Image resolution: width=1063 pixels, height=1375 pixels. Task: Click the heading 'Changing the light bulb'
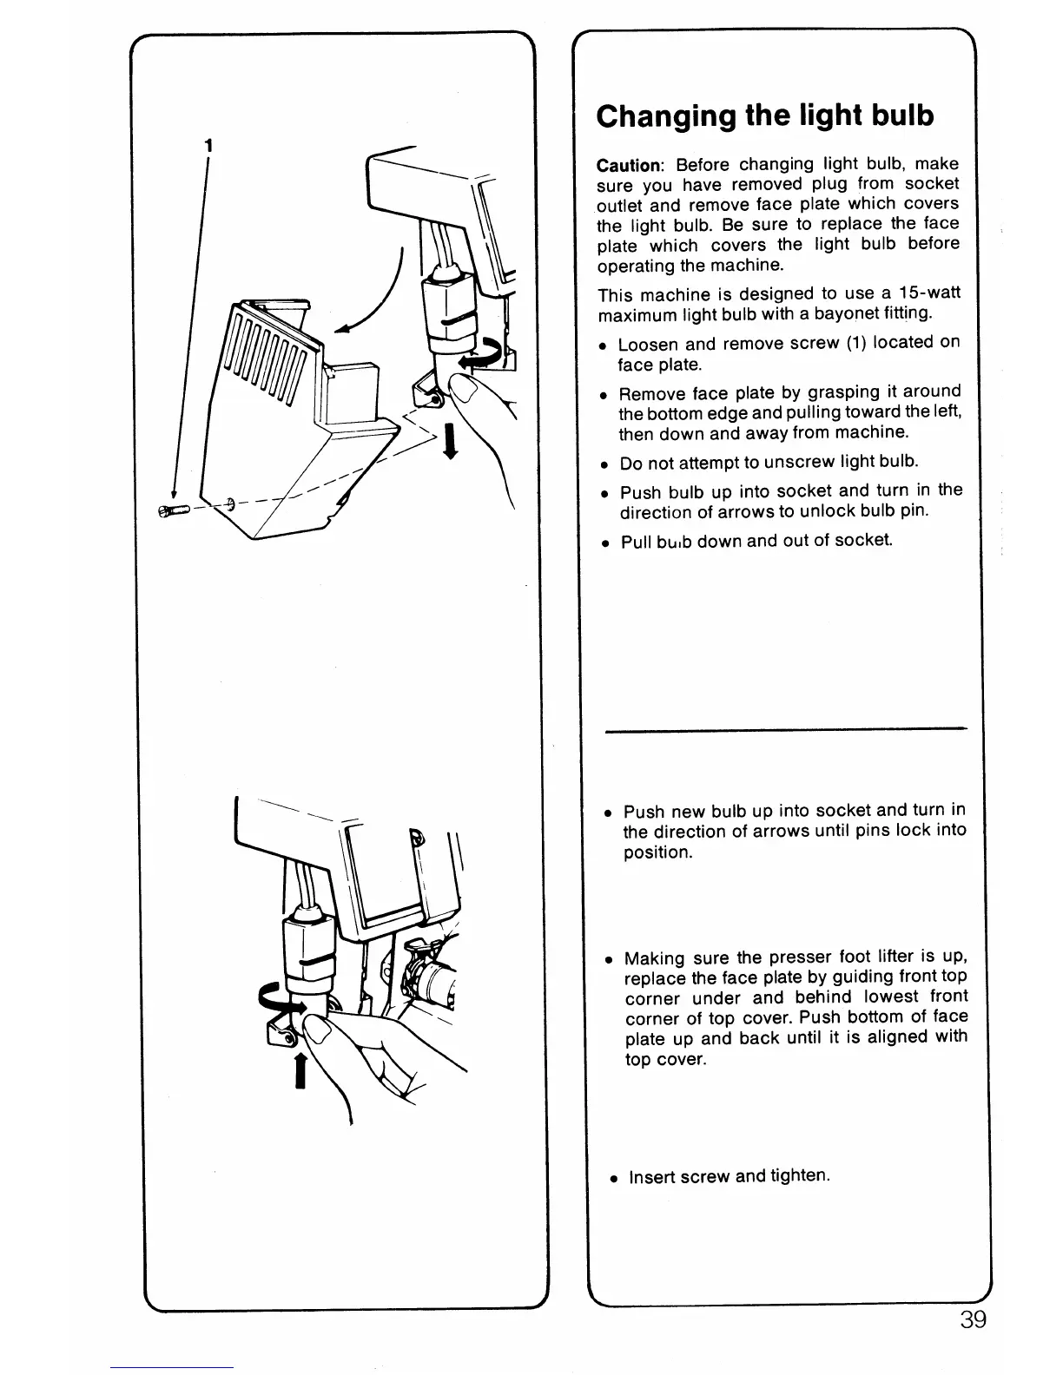click(765, 115)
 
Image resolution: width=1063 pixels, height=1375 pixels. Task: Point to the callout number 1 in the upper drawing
click(207, 146)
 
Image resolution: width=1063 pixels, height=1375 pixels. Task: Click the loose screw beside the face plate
click(173, 512)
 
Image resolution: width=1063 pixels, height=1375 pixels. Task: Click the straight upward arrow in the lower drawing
click(300, 1069)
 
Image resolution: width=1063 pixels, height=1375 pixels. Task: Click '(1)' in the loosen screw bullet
click(856, 342)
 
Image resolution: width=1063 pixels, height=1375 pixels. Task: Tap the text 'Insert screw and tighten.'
click(730, 1176)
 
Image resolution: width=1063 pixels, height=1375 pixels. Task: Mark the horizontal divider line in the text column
click(786, 730)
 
